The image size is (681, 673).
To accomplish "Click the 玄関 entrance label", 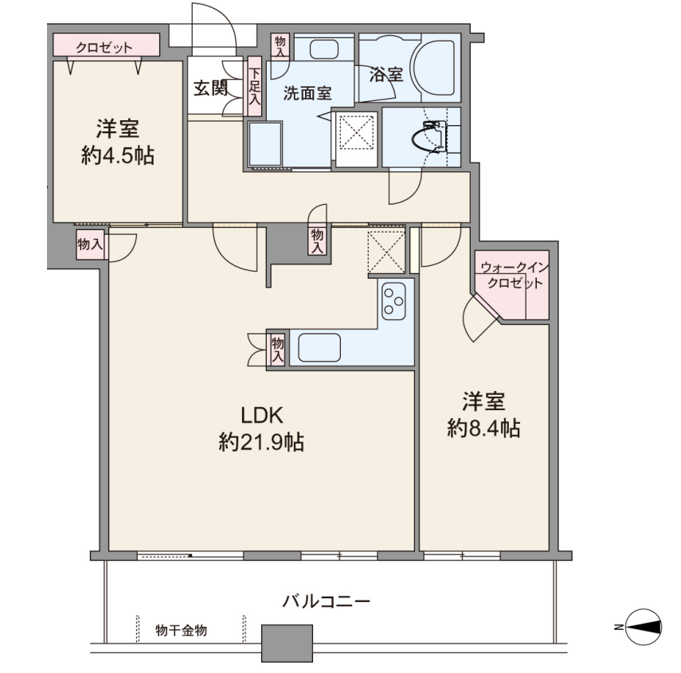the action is tap(210, 88).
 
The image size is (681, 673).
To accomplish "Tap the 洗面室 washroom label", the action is tap(307, 93).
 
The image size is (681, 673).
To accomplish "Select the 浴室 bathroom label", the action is tap(386, 74).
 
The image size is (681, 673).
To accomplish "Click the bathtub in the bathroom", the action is tap(434, 68).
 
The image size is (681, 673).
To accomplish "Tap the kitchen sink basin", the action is tap(319, 347).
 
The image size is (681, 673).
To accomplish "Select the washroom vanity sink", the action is tap(324, 49).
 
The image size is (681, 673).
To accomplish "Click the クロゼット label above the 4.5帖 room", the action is tap(104, 47).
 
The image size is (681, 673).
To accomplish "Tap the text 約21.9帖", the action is tap(261, 443).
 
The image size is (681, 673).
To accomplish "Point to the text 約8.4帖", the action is tap(483, 428).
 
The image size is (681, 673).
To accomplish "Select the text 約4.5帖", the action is tap(118, 155).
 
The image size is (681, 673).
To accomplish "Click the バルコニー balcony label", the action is tap(327, 601).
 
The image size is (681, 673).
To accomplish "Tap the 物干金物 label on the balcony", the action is tap(181, 631).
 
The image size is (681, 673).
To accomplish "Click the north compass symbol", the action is tap(643, 627).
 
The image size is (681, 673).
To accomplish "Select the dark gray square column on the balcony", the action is tap(287, 643).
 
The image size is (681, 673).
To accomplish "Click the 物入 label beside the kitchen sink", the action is tap(278, 350).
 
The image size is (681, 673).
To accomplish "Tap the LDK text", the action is tap(262, 415).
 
